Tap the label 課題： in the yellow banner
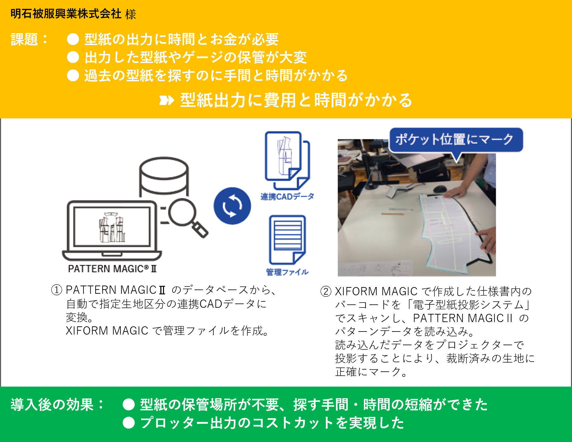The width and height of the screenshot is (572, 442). pos(29,40)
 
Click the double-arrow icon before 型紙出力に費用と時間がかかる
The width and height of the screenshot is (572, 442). pos(167,100)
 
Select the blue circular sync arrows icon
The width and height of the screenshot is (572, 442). pos(232,206)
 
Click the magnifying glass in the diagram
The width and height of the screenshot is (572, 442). pos(186,216)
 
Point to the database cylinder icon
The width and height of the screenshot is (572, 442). pos(164,177)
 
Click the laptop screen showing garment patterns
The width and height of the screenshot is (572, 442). pos(112,227)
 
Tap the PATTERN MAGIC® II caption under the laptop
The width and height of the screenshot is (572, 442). pos(112,269)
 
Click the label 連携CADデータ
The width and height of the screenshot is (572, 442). pos(287,197)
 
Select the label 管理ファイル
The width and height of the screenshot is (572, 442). pos(287,272)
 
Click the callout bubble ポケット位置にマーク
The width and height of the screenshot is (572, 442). pos(455,139)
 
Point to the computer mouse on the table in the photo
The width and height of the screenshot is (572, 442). pos(440,189)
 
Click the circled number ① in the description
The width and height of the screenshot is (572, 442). pos(57,290)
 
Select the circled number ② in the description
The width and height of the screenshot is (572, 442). pos(326,291)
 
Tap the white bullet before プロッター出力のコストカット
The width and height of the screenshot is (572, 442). pos(129,423)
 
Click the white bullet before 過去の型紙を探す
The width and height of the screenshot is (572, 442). pos(73,75)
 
